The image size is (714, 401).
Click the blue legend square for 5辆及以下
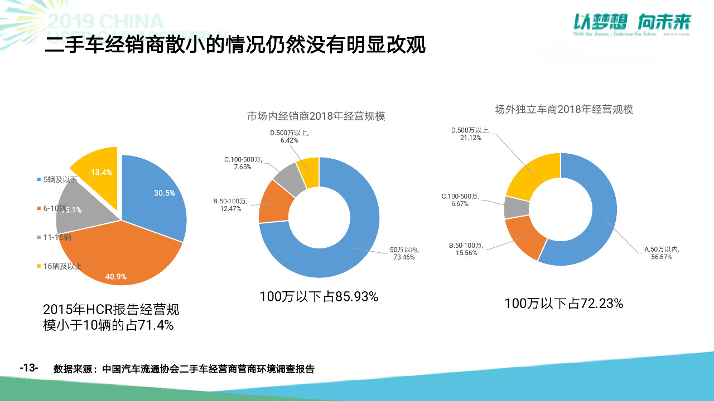tap(38, 179)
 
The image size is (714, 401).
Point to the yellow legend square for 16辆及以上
tap(38, 266)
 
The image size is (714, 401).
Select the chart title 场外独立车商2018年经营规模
tap(564, 110)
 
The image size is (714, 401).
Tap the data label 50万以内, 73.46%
tap(403, 253)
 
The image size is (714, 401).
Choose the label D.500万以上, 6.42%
tap(290, 136)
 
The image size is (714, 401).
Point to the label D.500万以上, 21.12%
tap(470, 134)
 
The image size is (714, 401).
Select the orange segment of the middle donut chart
tap(273, 202)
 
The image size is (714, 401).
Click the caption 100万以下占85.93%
tap(319, 297)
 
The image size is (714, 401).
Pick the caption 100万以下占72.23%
tap(563, 304)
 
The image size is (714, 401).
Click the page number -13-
tap(29, 368)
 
